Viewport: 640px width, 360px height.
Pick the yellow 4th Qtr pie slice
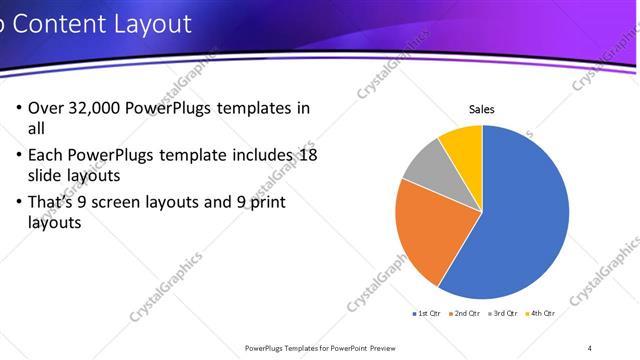(463, 143)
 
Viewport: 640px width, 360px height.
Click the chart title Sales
(482, 110)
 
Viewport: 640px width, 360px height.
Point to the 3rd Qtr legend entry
(503, 314)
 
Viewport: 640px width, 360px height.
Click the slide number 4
(590, 347)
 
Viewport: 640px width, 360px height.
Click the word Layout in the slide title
(147, 23)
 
